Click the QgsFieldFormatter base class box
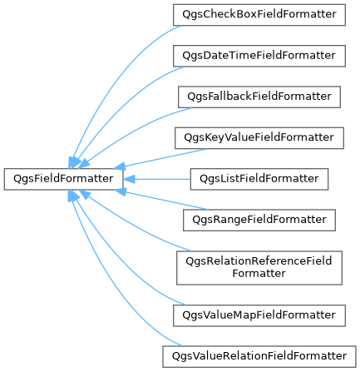63,179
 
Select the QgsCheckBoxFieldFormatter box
259,15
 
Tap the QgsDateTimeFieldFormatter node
259,56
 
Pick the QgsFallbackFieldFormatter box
259,97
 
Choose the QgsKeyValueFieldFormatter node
259,138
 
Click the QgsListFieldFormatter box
259,179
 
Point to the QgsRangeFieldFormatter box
259,220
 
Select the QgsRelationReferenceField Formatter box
259,268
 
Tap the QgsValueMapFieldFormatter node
259,315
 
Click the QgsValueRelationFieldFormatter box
259,356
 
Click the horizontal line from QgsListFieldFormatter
163,179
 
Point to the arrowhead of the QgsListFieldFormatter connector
129,179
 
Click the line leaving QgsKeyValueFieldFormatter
165,157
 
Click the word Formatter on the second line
259,274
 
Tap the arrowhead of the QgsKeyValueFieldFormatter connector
120,167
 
